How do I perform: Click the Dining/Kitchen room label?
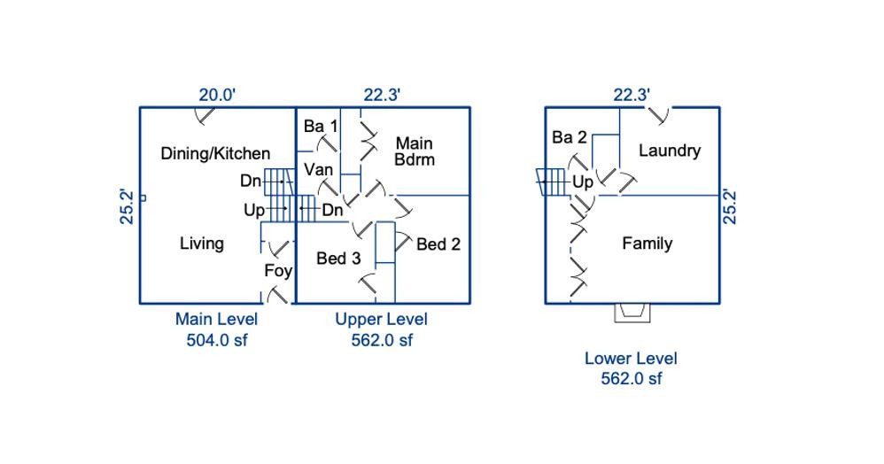coord(215,153)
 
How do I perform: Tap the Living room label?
coord(202,244)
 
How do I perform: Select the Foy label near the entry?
coord(278,271)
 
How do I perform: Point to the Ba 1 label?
coord(321,127)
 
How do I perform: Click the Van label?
coord(319,169)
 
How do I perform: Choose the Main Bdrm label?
coord(415,151)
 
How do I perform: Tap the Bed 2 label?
coord(438,244)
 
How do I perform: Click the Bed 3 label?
coord(338,259)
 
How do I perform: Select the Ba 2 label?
coord(570,137)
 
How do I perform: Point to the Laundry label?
coord(670,151)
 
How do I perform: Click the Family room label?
coord(647,244)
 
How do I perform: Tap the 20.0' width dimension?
coord(216,95)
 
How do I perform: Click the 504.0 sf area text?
coord(216,340)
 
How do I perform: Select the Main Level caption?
coord(216,320)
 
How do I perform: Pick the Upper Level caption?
coord(381,320)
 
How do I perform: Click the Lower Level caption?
coord(631,359)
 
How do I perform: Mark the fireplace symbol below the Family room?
coord(632,312)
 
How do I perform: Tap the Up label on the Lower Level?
coord(582,182)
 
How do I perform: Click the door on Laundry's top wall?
coord(657,113)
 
